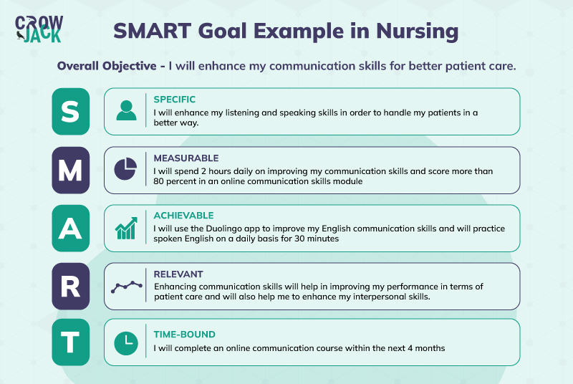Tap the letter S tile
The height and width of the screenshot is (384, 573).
(x=71, y=111)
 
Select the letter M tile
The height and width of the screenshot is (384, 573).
(x=71, y=170)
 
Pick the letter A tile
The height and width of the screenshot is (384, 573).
(x=71, y=228)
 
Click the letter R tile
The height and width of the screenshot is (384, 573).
(x=71, y=286)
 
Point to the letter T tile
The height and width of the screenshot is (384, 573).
(x=71, y=342)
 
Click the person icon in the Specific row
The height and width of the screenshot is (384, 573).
(x=126, y=111)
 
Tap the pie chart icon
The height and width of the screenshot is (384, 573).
(x=125, y=169)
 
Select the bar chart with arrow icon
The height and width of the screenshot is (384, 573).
(x=126, y=229)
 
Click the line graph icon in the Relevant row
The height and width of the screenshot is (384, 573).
(x=126, y=286)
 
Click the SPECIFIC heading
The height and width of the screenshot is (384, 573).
(x=174, y=100)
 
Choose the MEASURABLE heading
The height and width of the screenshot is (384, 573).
(x=186, y=158)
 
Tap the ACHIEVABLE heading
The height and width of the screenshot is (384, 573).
(x=183, y=216)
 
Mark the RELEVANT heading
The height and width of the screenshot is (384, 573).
(x=178, y=274)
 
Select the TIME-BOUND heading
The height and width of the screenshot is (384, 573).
(x=184, y=335)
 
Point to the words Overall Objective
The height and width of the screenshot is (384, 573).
(x=107, y=66)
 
